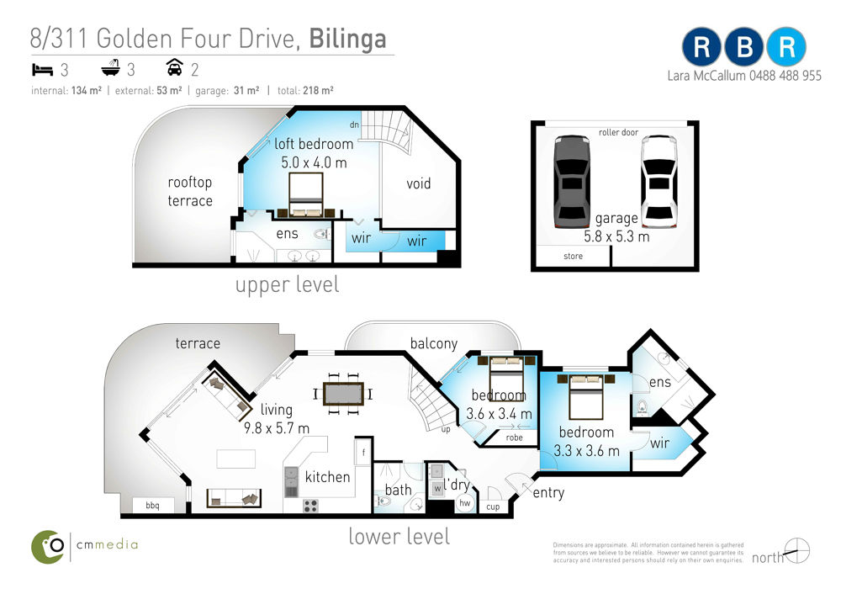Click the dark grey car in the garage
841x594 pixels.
[572, 182]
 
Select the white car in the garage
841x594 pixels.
[659, 182]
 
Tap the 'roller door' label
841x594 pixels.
[618, 132]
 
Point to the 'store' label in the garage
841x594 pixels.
[573, 256]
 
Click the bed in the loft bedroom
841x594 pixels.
[306, 195]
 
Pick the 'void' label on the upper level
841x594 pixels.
[418, 183]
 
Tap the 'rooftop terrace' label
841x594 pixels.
[190, 192]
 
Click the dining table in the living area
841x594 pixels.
[343, 394]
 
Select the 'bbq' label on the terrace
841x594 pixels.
[152, 506]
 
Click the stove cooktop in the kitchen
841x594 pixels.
[310, 506]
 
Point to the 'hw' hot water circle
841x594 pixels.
[464, 503]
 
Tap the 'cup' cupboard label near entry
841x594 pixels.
[493, 507]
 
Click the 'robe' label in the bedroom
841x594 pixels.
[514, 438]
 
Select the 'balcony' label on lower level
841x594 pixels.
[434, 343]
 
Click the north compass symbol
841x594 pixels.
[797, 550]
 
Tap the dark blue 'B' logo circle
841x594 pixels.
[744, 47]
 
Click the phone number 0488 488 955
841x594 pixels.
[785, 76]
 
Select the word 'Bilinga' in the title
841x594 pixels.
[347, 40]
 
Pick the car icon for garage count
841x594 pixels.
[175, 67]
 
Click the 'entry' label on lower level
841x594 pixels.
[548, 492]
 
